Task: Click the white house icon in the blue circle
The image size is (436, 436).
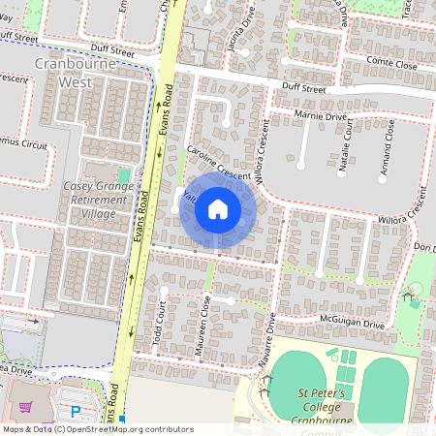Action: coord(218,209)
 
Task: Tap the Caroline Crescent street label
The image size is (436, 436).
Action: coord(218,161)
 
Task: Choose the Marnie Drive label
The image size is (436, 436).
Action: coord(322,116)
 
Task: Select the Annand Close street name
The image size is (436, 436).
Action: coord(389,145)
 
